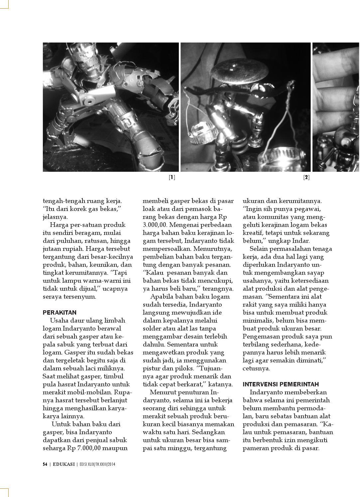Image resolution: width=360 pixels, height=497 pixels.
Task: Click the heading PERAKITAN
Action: click(60, 313)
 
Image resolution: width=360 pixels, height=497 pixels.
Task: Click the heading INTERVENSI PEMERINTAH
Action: click(281, 384)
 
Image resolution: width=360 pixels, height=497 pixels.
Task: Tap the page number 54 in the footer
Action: click(45, 464)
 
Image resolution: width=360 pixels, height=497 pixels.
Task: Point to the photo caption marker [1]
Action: click(172, 177)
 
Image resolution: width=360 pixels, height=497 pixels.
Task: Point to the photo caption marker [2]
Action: click(306, 177)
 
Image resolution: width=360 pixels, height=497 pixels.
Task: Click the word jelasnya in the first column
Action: click(55, 217)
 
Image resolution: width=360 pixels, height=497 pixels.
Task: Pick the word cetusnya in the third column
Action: click(256, 368)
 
